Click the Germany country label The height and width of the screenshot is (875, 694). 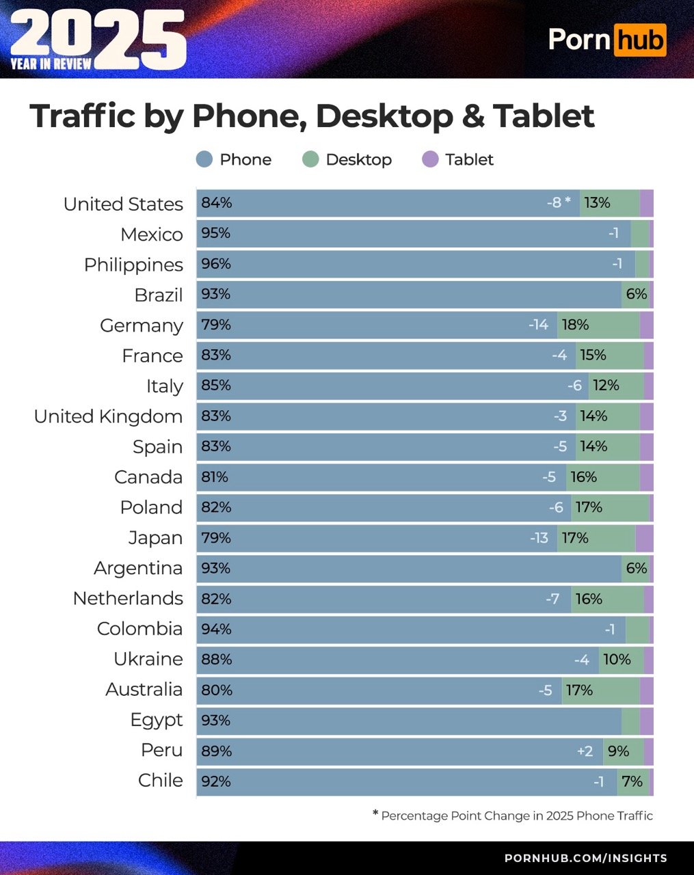click(142, 325)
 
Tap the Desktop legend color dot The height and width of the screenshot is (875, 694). click(310, 160)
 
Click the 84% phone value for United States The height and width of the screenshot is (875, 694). click(216, 203)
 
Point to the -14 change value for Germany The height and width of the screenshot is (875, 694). click(538, 325)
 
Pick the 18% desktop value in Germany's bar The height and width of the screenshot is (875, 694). click(575, 325)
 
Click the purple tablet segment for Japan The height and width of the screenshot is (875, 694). click(644, 538)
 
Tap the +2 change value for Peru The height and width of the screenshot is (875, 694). click(585, 751)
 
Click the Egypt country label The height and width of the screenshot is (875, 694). click(157, 720)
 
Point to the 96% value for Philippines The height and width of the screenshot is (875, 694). click(216, 264)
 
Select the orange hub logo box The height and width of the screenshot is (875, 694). click(639, 40)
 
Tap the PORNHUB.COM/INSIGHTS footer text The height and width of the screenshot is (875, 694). click(585, 858)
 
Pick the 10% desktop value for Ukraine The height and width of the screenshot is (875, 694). click(617, 660)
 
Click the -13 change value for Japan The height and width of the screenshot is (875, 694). click(539, 538)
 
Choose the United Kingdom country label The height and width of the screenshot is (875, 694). click(108, 416)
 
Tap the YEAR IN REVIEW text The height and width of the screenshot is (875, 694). click(51, 64)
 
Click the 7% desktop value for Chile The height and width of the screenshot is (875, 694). click(632, 781)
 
